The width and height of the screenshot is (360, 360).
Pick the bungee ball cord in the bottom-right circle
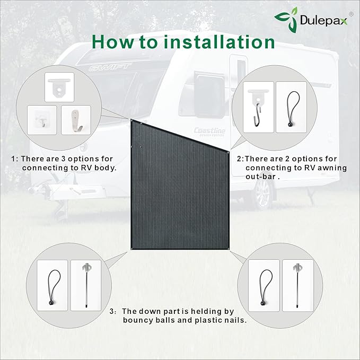click(265, 285)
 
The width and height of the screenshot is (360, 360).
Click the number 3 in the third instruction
click(112, 312)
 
